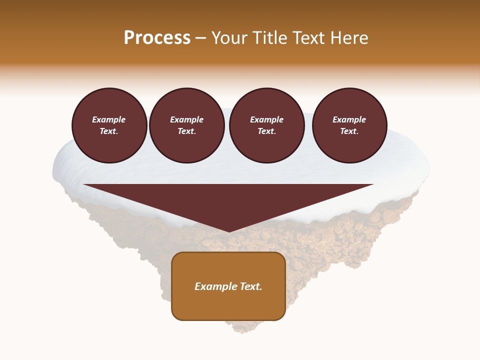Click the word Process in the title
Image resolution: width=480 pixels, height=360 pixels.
[157, 38]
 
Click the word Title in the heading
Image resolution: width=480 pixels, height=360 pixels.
[270, 38]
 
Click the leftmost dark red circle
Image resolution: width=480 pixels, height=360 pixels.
[109, 125]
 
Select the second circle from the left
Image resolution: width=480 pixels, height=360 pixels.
[187, 125]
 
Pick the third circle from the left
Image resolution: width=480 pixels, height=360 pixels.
[267, 125]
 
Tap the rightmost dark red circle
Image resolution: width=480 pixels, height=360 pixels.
[349, 125]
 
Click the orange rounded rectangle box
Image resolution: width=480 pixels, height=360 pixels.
[228, 286]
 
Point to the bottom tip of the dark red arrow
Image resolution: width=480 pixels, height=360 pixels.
[229, 231]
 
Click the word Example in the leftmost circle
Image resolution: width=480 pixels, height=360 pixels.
[109, 119]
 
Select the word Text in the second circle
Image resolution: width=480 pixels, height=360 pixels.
[186, 131]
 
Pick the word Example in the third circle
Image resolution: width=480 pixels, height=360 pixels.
[267, 119]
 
